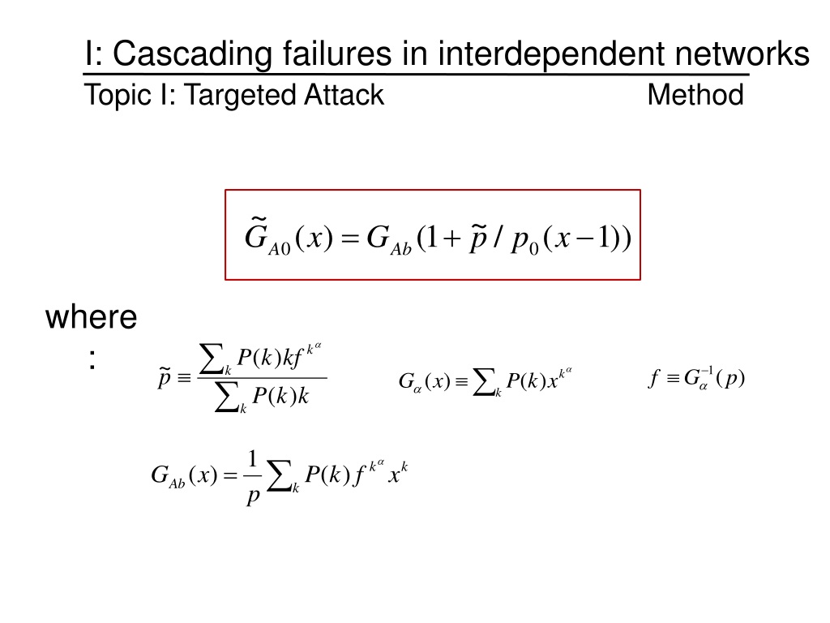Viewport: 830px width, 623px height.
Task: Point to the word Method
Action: click(x=695, y=96)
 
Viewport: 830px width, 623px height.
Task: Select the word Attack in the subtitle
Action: click(x=344, y=96)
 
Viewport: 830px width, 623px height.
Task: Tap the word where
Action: click(x=91, y=316)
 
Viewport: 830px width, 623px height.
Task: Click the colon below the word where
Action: click(x=92, y=360)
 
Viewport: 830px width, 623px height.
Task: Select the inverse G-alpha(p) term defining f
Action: click(x=713, y=379)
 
